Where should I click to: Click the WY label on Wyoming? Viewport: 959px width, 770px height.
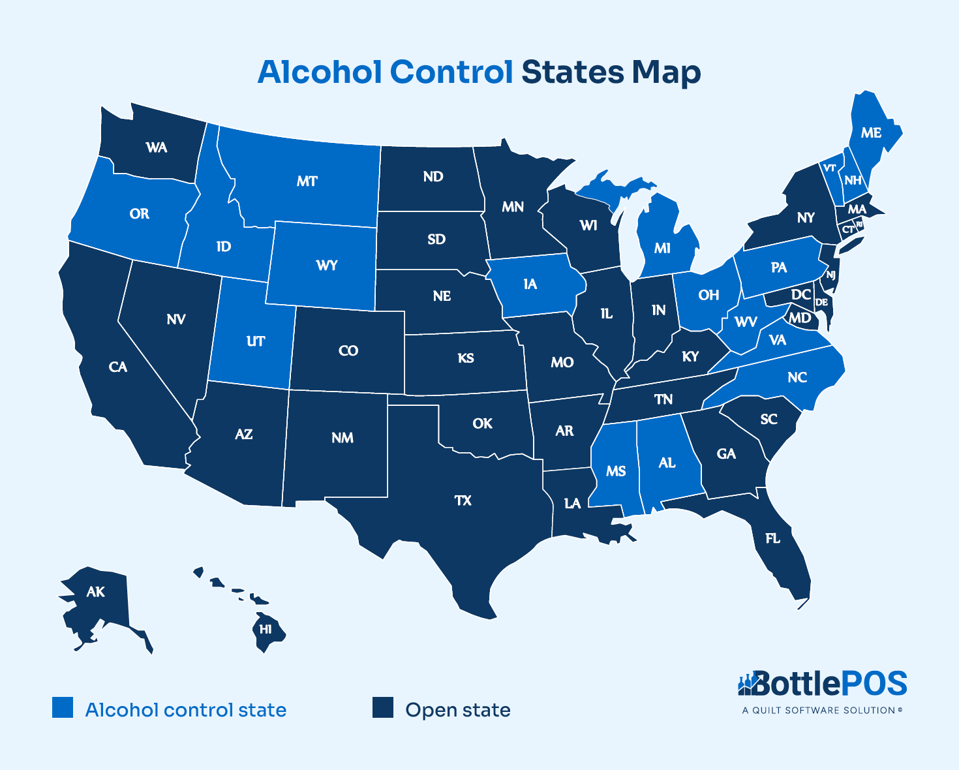[x=327, y=265]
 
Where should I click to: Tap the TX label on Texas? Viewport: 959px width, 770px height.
[x=463, y=501]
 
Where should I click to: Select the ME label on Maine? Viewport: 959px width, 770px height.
[x=871, y=133]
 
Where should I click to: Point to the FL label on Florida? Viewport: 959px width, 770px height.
[x=772, y=538]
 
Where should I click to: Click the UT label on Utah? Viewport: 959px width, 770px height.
[x=256, y=341]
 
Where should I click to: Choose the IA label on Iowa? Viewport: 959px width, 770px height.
[x=530, y=284]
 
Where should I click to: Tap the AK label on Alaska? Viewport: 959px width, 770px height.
[x=95, y=592]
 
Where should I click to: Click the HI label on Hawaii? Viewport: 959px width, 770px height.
[x=266, y=630]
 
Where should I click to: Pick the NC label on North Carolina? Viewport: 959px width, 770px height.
[x=797, y=377]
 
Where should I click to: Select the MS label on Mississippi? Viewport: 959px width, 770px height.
[x=616, y=471]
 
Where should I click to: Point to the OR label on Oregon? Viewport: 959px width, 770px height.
[x=139, y=213]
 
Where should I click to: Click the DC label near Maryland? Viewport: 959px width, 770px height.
[x=801, y=295]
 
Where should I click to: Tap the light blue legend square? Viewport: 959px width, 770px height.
[x=63, y=708]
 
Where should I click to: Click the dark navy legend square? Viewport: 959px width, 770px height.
[x=383, y=708]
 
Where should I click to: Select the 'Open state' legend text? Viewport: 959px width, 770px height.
[x=457, y=710]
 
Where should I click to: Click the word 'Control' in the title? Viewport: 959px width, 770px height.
[x=451, y=72]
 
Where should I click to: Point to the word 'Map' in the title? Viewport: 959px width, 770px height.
[x=665, y=73]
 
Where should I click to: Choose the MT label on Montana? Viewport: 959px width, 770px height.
[x=307, y=181]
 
